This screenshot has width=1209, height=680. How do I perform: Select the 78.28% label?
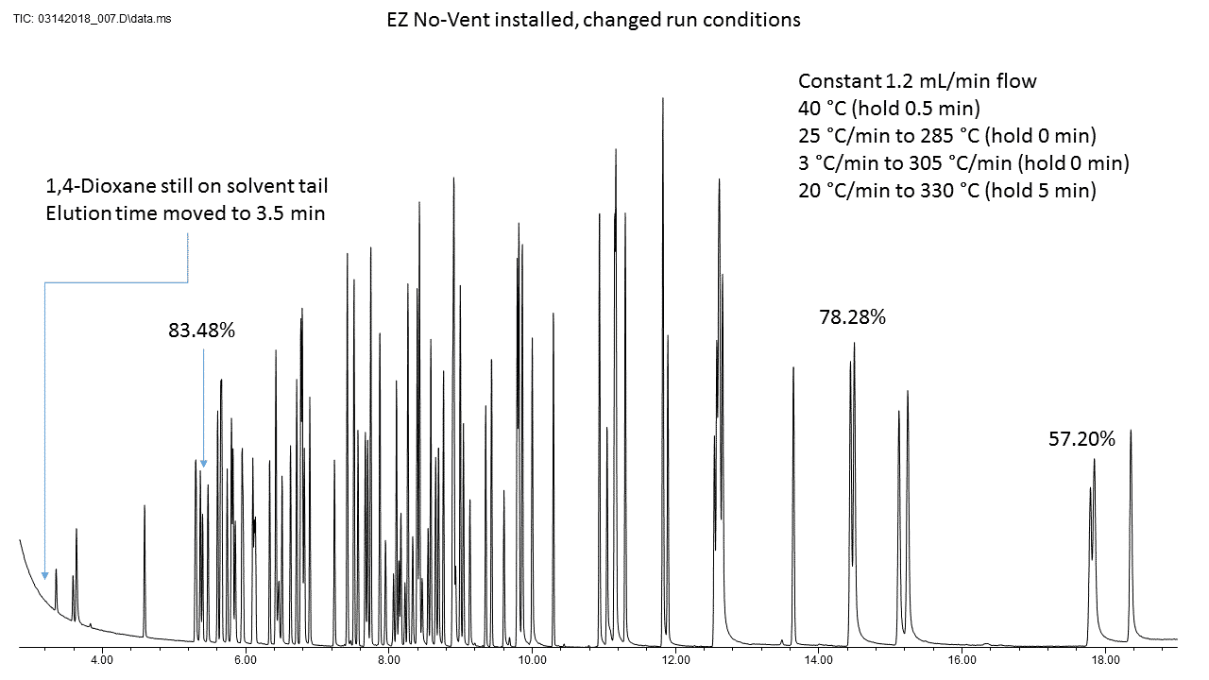click(x=852, y=317)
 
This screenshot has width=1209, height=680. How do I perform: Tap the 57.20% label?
click(x=1081, y=438)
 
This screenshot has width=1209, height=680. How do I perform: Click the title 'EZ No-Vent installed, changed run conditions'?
click(x=594, y=20)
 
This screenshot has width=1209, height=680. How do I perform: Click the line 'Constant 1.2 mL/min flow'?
click(x=917, y=81)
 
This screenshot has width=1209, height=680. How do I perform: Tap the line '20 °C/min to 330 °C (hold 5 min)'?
click(x=947, y=191)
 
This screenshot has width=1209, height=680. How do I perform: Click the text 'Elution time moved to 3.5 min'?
click(x=185, y=212)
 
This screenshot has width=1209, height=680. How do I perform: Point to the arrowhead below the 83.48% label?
click(x=203, y=464)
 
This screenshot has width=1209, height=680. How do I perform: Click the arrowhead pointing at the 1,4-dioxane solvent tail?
click(x=44, y=575)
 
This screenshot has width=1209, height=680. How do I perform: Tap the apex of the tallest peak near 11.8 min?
click(x=663, y=98)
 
